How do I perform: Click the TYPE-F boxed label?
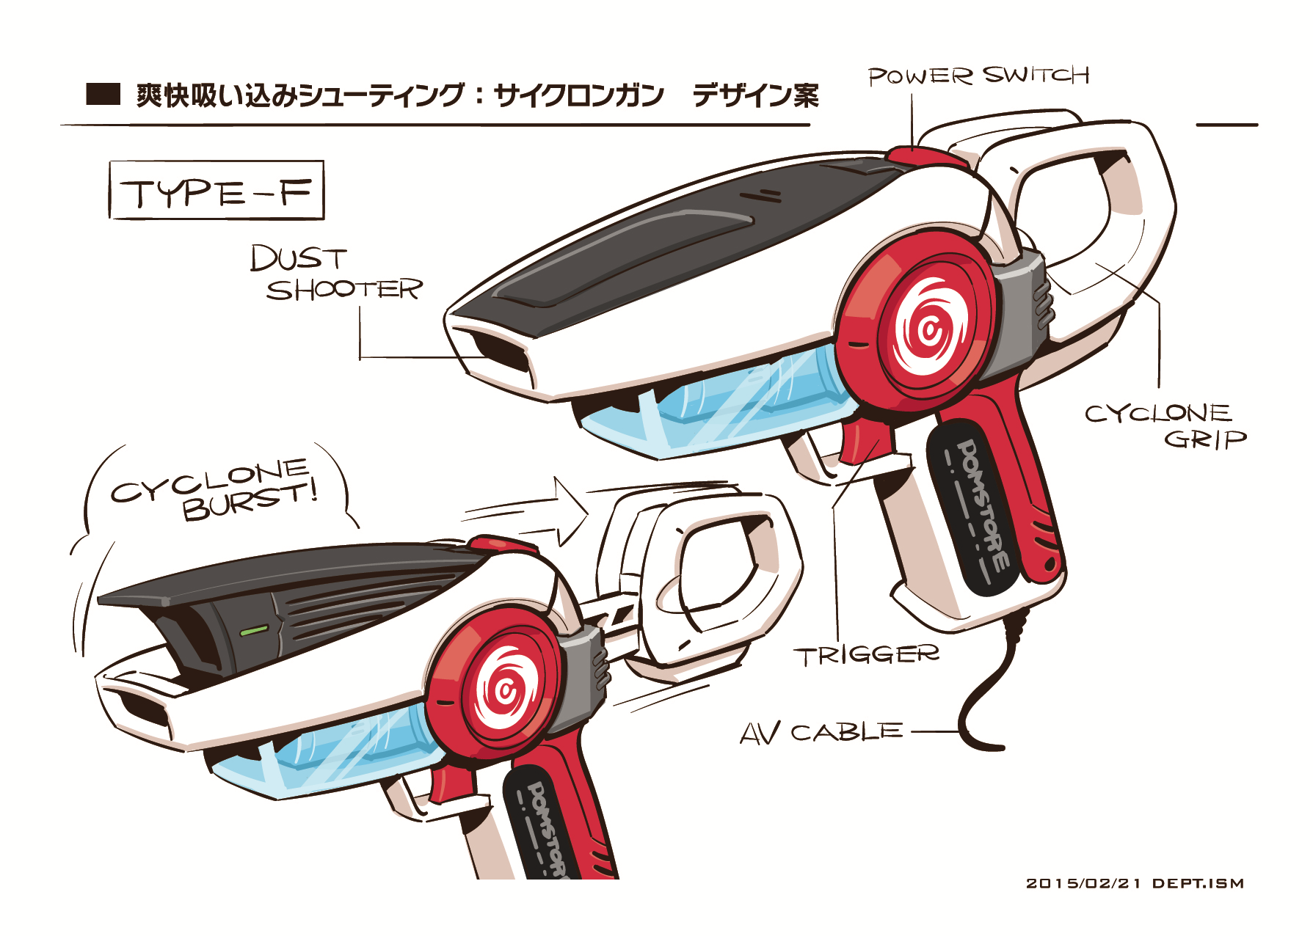point(217,191)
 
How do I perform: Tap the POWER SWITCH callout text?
point(978,76)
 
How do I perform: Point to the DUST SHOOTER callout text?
point(336,274)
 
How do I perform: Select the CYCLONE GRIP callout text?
point(1165,425)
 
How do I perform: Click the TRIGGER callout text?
point(866,655)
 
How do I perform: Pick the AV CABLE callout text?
point(821,733)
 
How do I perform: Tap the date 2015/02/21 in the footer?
point(1083,883)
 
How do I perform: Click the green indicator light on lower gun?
point(255,629)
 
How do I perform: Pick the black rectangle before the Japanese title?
point(103,95)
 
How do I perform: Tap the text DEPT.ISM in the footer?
point(1198,883)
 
